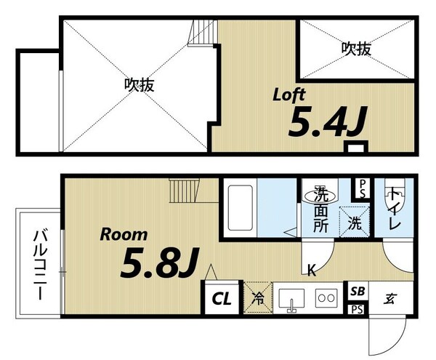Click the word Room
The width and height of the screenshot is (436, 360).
point(124,235)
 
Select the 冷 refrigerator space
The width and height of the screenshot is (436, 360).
point(258,297)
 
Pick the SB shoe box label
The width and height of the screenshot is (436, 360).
point(356,291)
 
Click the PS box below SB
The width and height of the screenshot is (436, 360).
point(356,309)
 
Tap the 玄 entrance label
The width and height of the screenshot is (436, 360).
point(390,297)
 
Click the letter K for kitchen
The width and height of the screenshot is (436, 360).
point(310,271)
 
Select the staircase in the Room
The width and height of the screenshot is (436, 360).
point(185,192)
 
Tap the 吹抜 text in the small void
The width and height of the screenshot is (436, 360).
point(356,49)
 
